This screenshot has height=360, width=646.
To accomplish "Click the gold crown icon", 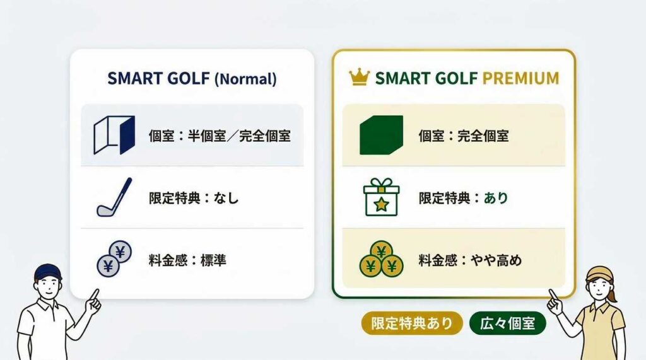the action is [x=359, y=77].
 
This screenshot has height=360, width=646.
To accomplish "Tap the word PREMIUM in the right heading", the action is [x=520, y=78].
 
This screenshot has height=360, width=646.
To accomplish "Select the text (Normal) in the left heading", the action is [x=245, y=79].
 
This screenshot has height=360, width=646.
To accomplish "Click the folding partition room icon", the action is [x=114, y=135].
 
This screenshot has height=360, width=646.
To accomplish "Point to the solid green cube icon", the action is [x=381, y=135].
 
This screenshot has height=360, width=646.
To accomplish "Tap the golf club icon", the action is [x=115, y=197].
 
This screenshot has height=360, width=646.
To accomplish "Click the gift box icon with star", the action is [x=381, y=197].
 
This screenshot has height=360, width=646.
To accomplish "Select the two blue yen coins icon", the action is [x=114, y=258].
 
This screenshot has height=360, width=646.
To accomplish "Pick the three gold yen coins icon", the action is [x=381, y=259].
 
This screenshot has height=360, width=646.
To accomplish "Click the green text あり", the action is [x=496, y=198].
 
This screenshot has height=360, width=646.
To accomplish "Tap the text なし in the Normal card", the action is [x=226, y=198].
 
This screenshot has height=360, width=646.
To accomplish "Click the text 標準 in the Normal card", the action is [x=213, y=260].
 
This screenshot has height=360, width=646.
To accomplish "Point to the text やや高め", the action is [x=496, y=260].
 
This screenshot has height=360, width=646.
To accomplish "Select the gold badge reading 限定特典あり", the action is [x=412, y=323].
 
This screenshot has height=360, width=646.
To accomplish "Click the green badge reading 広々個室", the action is [x=508, y=323].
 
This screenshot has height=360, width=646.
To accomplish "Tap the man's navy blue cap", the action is [x=48, y=272].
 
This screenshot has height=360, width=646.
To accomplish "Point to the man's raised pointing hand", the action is [x=93, y=301].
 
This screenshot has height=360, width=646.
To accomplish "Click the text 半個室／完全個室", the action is [x=239, y=136].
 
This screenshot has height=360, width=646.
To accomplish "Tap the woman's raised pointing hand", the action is [x=555, y=303].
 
